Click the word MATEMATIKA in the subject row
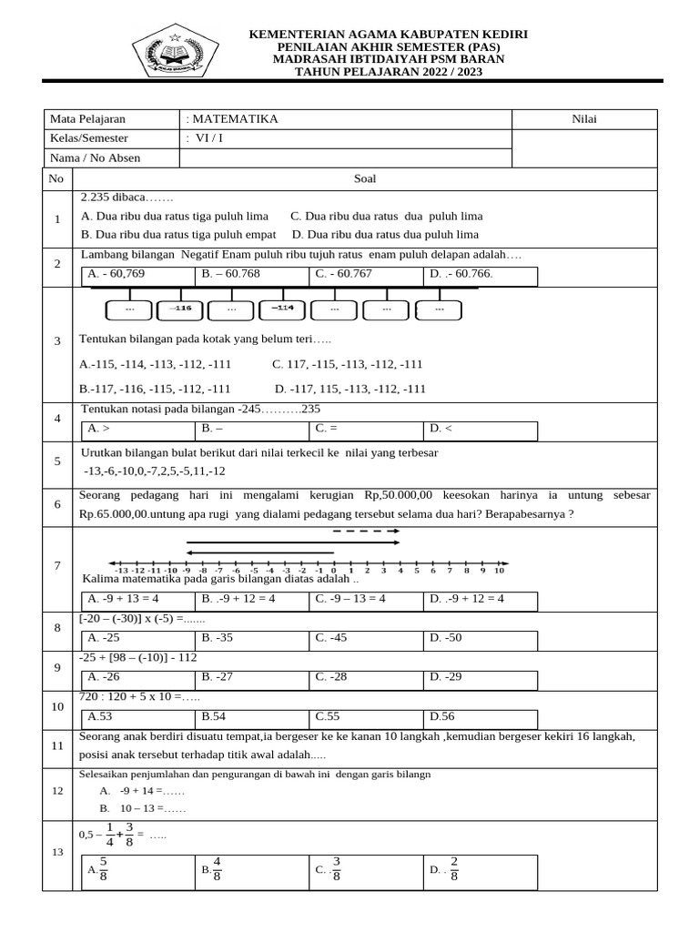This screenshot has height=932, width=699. click(234, 119)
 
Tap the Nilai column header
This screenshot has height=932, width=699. click(583, 119)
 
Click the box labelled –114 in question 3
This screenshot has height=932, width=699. click(282, 309)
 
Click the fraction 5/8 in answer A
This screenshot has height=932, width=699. click(103, 868)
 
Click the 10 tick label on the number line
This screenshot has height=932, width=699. click(500, 571)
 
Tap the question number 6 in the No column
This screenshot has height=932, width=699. click(56, 504)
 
